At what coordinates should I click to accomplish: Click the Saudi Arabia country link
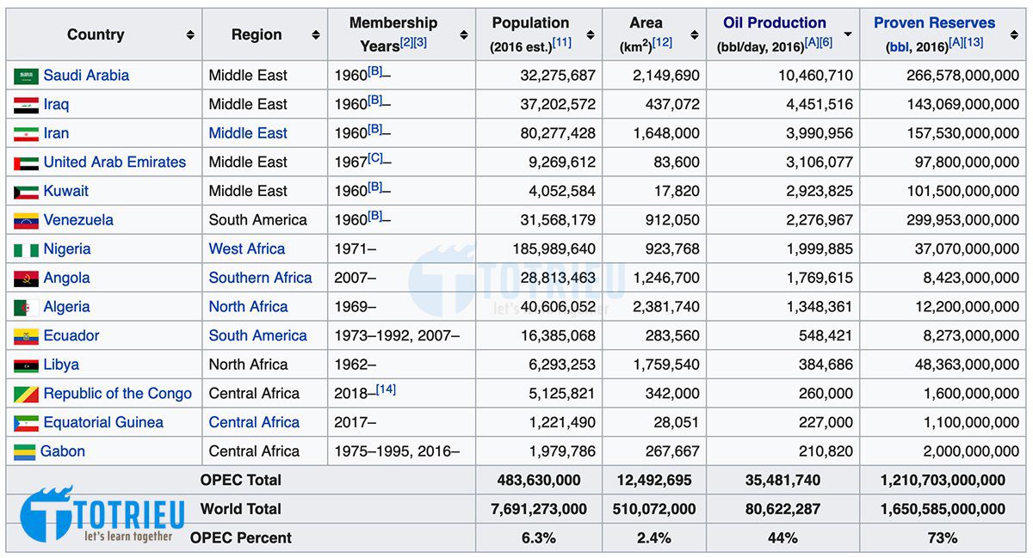pos(86,76)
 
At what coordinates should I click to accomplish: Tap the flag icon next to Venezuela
pos(26,221)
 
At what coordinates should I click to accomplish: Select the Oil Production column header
pos(774,23)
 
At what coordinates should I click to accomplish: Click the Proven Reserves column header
pos(934,23)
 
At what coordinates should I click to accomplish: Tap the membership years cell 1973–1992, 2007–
pos(397,336)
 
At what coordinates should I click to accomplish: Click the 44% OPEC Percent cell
pos(782,538)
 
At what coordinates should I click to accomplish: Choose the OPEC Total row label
pos(240,481)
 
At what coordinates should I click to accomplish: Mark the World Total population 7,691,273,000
pos(538,509)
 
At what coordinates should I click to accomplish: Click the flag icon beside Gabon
pos(26,452)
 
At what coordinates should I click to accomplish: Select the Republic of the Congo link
pos(118,394)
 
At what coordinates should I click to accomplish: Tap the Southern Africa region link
pos(260,279)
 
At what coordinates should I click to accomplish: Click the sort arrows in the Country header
pos(189,35)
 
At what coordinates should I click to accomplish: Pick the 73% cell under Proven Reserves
pos(943,538)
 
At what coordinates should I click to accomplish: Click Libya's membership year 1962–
pos(355,365)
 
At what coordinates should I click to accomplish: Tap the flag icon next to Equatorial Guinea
pos(26,423)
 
